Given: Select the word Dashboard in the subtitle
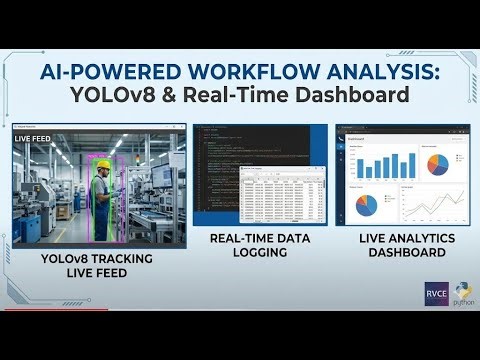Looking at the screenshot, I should [x=348, y=97].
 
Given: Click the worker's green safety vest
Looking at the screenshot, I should [x=100, y=190].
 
